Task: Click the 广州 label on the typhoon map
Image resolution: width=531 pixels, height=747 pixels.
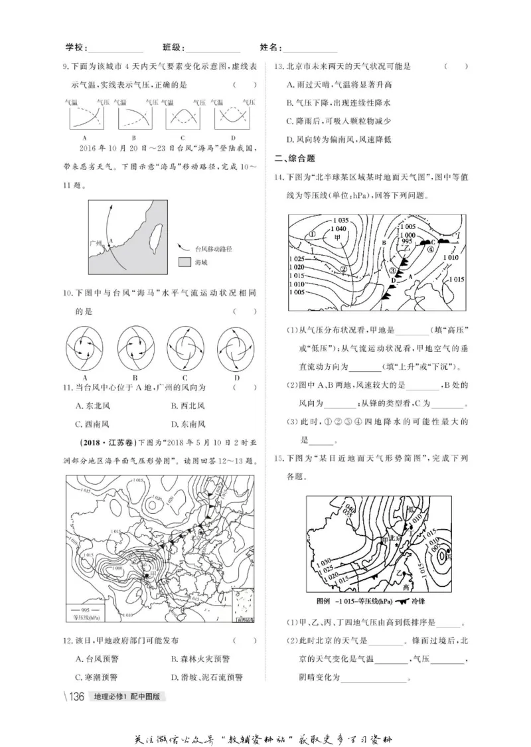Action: (97, 244)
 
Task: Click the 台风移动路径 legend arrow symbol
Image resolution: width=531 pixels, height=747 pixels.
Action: (183, 248)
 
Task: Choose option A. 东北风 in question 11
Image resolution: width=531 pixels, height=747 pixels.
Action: (97, 406)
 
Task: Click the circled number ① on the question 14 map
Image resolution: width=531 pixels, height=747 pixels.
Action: (311, 233)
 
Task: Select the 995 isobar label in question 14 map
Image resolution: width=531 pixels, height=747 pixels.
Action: (407, 242)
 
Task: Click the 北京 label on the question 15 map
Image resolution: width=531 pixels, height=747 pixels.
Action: (396, 538)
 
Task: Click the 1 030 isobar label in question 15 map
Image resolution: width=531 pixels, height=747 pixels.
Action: (323, 563)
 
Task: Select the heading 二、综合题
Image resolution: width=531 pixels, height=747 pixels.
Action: (295, 158)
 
